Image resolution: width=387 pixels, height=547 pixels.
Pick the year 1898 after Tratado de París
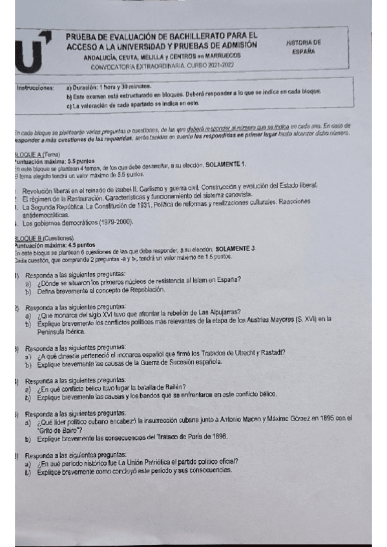(x=218, y=439)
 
